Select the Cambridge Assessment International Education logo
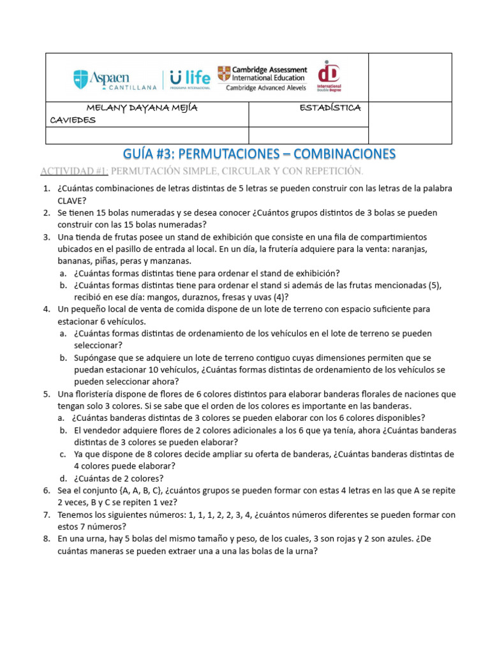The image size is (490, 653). tap(262, 78)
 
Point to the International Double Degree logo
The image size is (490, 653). tap(329, 77)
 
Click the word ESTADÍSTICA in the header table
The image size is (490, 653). tap(330, 108)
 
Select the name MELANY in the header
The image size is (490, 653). tap(106, 108)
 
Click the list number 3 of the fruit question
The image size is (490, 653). tap(47, 237)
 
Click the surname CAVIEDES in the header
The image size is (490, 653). tap(73, 120)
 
